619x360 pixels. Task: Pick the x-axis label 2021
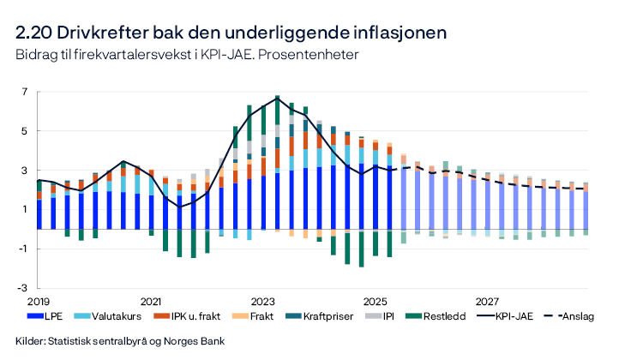(151, 302)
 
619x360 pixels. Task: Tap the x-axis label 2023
(263, 302)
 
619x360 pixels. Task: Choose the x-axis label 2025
(376, 302)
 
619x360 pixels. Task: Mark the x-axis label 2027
(488, 302)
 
